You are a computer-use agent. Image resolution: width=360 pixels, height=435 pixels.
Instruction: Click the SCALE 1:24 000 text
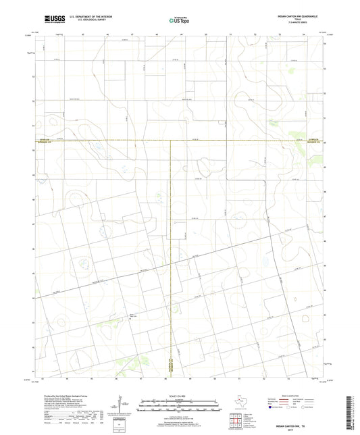(x=180, y=396)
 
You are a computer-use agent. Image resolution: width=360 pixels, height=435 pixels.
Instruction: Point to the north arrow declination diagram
(x=122, y=406)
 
